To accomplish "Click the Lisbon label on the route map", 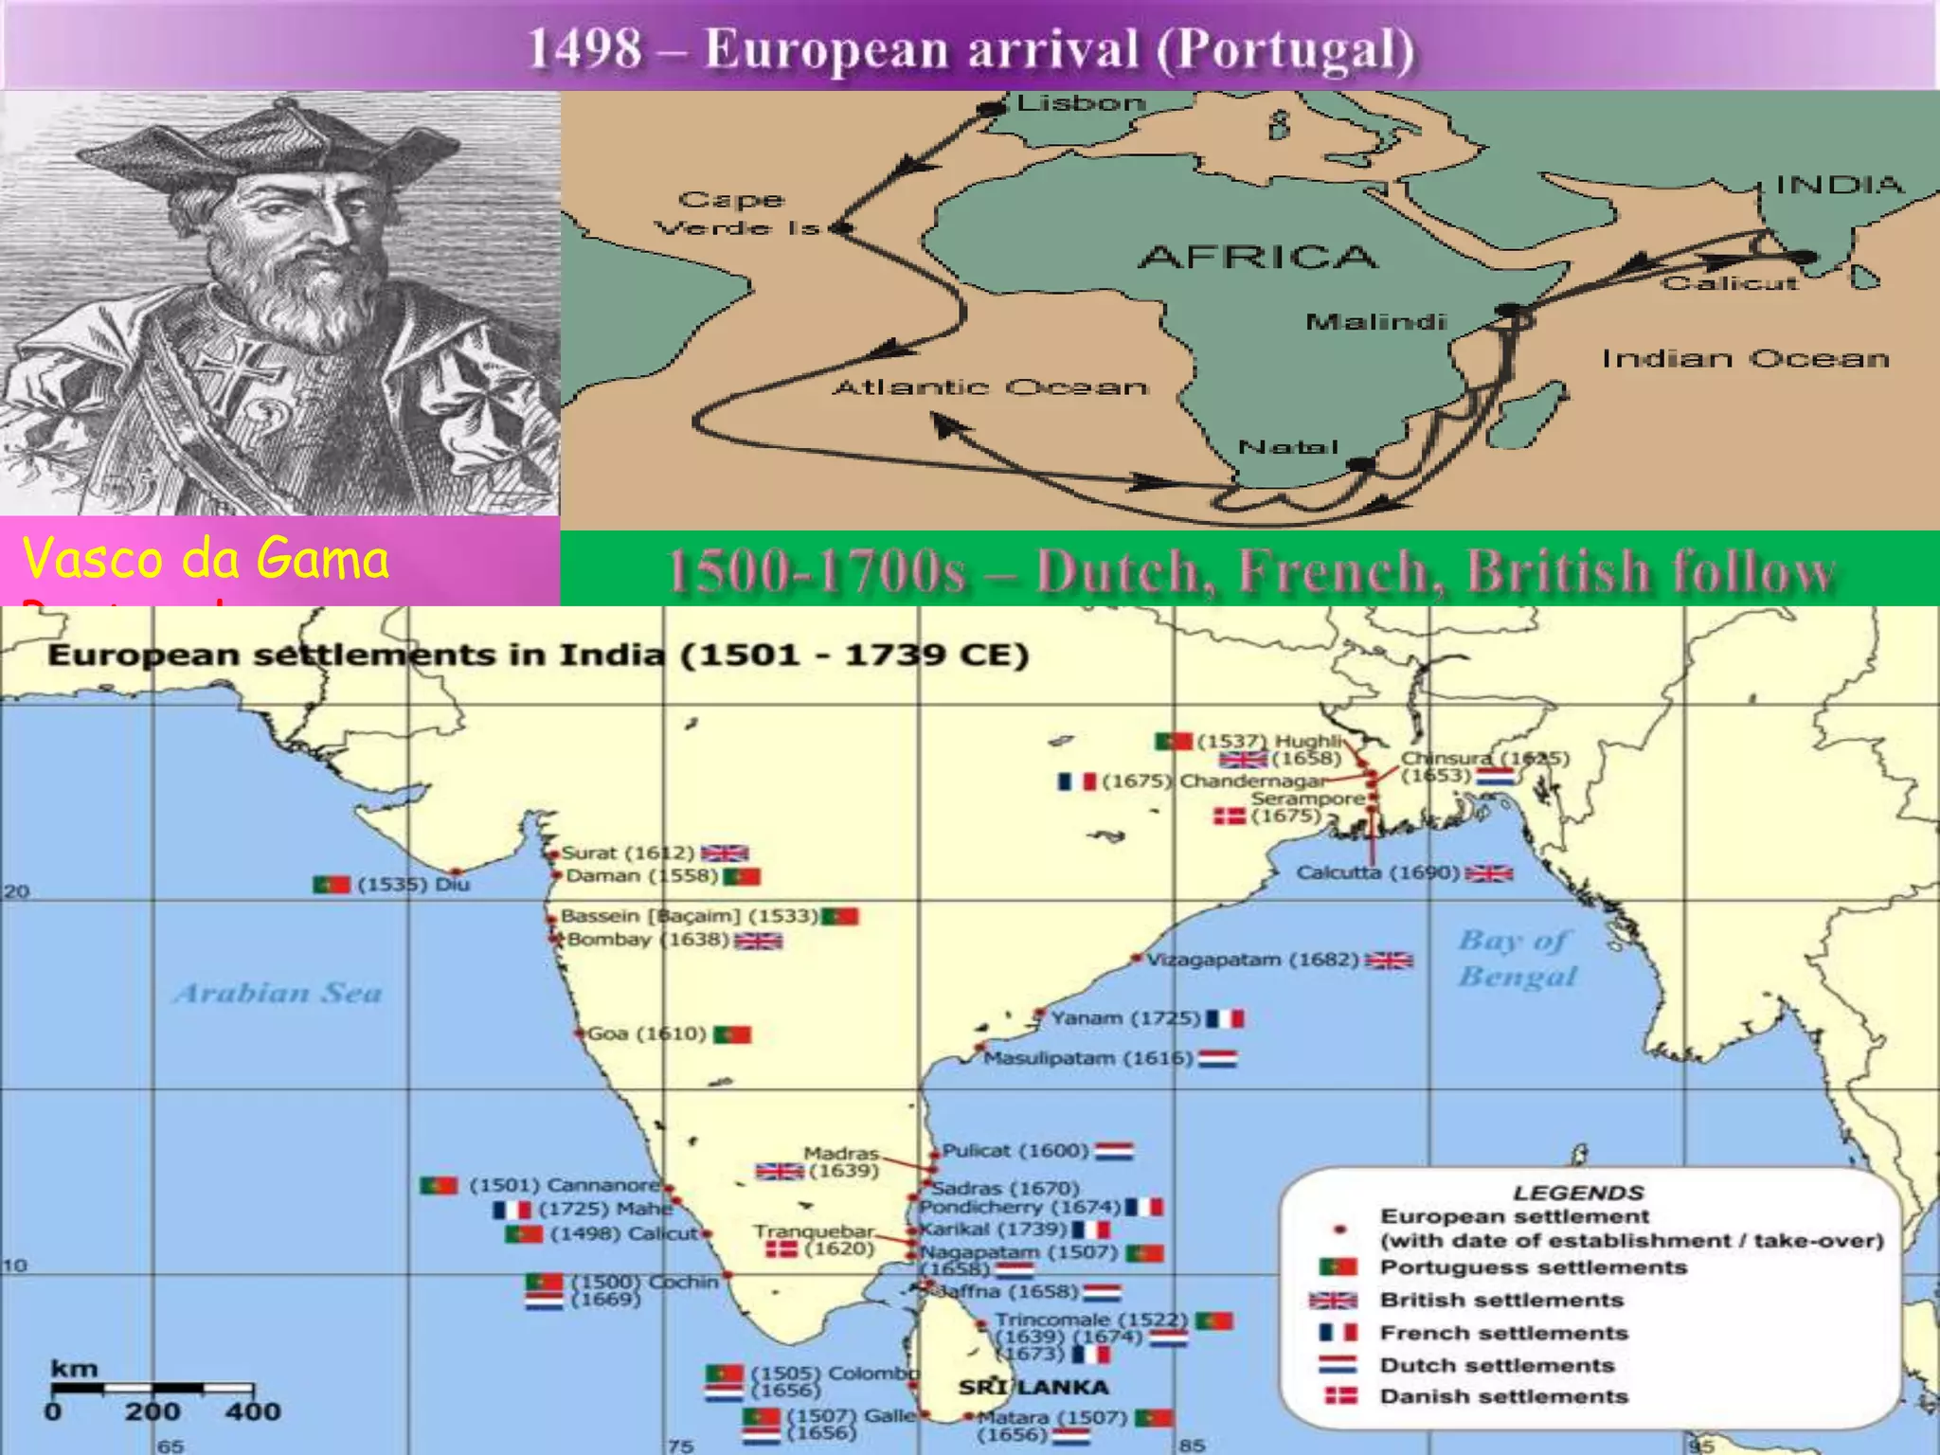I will pyautogui.click(x=1081, y=102).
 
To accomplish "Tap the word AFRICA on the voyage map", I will pyautogui.click(x=1258, y=257).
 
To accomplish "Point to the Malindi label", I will pyautogui.click(x=1375, y=322).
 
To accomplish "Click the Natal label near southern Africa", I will pyautogui.click(x=1288, y=446).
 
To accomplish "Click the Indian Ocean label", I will pyautogui.click(x=1745, y=359).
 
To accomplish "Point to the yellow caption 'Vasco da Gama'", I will pyautogui.click(x=206, y=558).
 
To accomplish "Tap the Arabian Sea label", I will pyautogui.click(x=278, y=993).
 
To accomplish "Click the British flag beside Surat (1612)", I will pyautogui.click(x=725, y=853).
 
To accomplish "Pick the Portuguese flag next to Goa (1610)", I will pyautogui.click(x=732, y=1034).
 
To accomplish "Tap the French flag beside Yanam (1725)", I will pyautogui.click(x=1225, y=1018).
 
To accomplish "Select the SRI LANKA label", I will pyautogui.click(x=1033, y=1387).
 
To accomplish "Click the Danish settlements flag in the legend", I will pyautogui.click(x=1340, y=1395).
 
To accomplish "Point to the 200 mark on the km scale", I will pyautogui.click(x=153, y=1411).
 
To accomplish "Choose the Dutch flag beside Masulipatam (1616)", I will pyautogui.click(x=1217, y=1058).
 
